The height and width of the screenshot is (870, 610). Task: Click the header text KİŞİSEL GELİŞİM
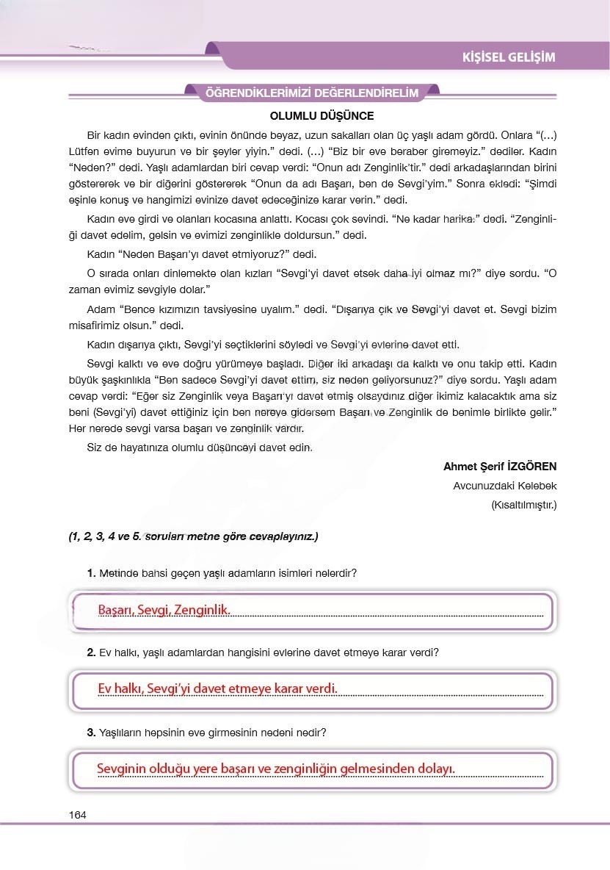coord(508,57)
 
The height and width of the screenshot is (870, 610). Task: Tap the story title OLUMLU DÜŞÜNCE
coord(322,116)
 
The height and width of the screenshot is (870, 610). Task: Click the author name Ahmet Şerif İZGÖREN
coord(500,467)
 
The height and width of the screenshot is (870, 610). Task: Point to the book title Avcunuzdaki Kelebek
coord(505,486)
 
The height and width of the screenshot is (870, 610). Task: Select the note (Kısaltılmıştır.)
coord(523,505)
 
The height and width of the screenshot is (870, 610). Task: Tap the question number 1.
coord(91,573)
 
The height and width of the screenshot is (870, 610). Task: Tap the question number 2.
coord(91,652)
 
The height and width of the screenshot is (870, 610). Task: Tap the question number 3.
coord(91,733)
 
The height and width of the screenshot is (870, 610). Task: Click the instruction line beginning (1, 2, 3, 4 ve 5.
coord(193,537)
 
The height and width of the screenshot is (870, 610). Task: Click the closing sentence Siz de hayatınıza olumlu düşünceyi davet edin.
coord(200,447)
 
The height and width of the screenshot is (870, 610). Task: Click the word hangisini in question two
coord(253,652)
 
